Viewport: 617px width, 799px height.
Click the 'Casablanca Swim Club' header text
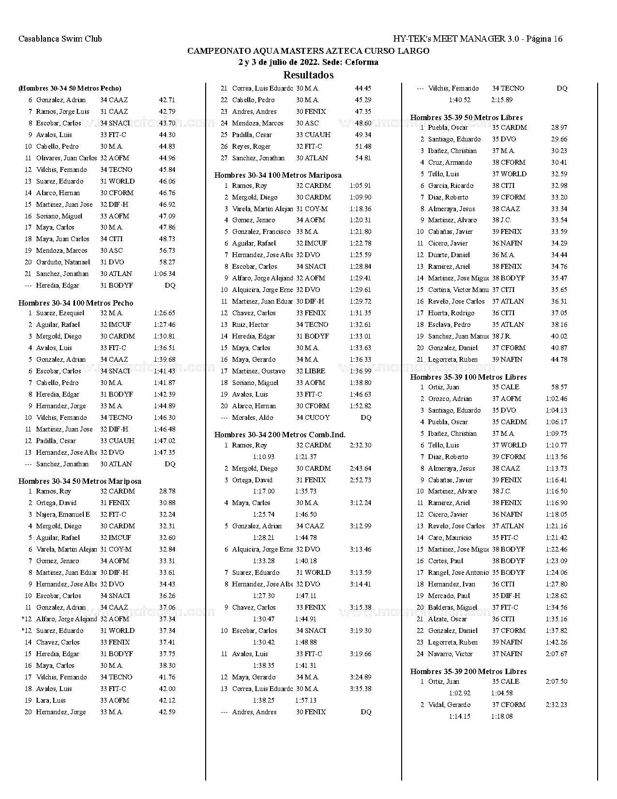pyautogui.click(x=60, y=39)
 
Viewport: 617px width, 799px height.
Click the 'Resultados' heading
pyautogui.click(x=308, y=75)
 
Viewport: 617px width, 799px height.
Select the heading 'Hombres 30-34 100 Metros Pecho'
pyautogui.click(x=75, y=303)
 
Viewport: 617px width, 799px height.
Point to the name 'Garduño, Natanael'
pyautogui.click(x=63, y=262)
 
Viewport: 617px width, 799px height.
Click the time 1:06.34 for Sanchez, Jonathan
pyautogui.click(x=165, y=274)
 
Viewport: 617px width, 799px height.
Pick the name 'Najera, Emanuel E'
pyautogui.click(x=63, y=515)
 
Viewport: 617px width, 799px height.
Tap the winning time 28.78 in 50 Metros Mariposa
pyautogui.click(x=167, y=492)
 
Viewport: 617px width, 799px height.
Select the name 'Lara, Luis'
pyautogui.click(x=51, y=701)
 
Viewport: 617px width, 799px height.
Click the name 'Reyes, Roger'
pyautogui.click(x=251, y=147)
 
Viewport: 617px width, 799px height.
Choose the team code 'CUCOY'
pyautogui.click(x=317, y=418)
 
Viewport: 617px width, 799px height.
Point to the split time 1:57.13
pyautogui.click(x=306, y=701)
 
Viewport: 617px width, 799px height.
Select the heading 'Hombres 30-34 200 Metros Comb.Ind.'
pyautogui.click(x=280, y=435)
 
